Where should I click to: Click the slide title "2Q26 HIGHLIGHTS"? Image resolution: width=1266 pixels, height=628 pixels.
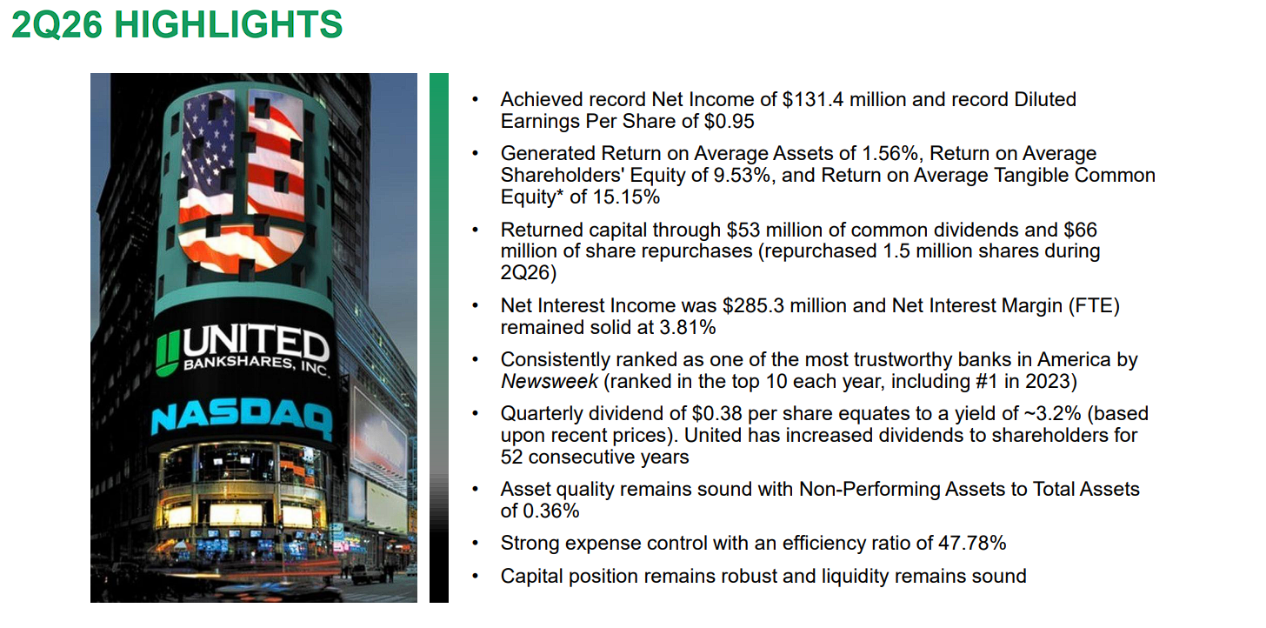(x=177, y=24)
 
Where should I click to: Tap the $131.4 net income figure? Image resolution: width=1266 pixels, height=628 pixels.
(x=813, y=99)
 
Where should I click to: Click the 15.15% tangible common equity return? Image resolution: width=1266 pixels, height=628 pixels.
(x=626, y=197)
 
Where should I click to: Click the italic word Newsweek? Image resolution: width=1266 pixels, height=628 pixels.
(x=550, y=382)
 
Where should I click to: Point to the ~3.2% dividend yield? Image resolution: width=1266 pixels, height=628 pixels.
(x=1052, y=414)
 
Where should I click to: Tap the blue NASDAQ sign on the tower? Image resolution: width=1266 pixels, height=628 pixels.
(x=242, y=419)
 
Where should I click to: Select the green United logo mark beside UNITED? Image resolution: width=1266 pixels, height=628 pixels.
(x=167, y=354)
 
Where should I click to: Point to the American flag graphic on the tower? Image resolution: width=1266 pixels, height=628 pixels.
(x=242, y=180)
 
